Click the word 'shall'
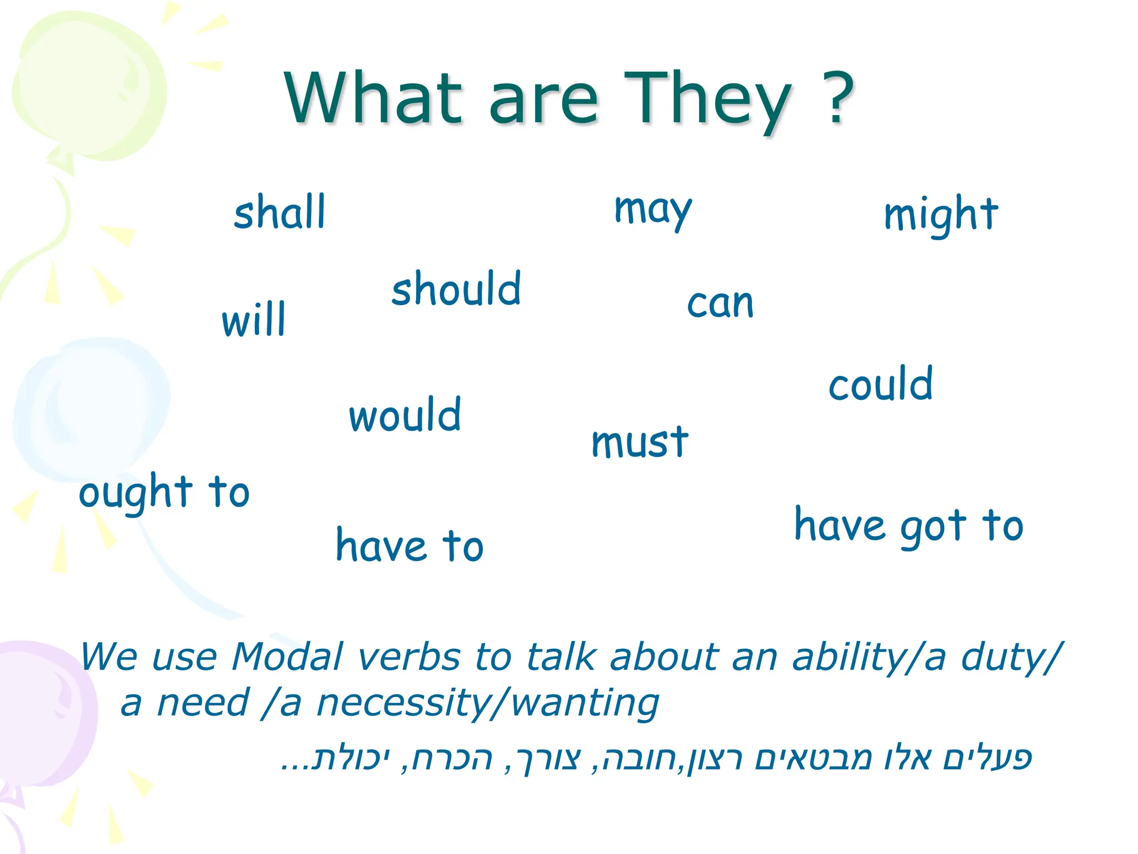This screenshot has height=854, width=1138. point(279,212)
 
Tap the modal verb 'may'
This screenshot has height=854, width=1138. point(653,210)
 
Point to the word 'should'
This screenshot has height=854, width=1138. point(456,289)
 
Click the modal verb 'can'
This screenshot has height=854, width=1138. point(720,304)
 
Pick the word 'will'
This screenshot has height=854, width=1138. point(253,320)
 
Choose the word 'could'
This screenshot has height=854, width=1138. point(880,384)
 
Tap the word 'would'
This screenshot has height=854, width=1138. point(405,415)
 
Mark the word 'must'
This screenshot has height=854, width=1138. point(640,443)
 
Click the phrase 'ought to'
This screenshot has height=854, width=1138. point(164,493)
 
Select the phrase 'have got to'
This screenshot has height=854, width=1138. point(909,526)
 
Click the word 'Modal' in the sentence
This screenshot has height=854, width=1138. point(287,657)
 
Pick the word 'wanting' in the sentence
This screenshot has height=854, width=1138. point(585,703)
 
